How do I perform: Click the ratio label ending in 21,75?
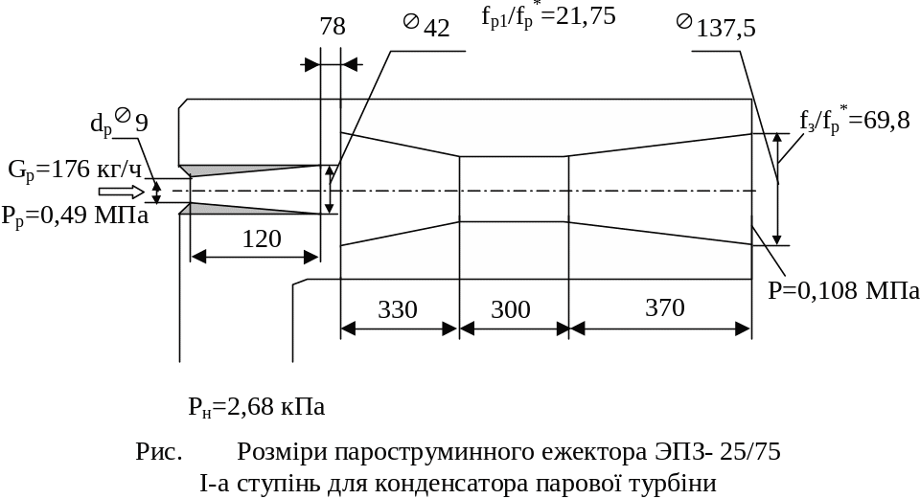point(547,15)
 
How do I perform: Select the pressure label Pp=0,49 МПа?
point(75,215)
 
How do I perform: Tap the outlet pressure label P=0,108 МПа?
point(843,290)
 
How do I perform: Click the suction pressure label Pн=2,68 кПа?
point(256,407)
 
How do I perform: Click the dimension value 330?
point(398,309)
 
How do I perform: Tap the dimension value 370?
point(665,308)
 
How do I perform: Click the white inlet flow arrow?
point(143,193)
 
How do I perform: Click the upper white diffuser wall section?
point(546,125)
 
